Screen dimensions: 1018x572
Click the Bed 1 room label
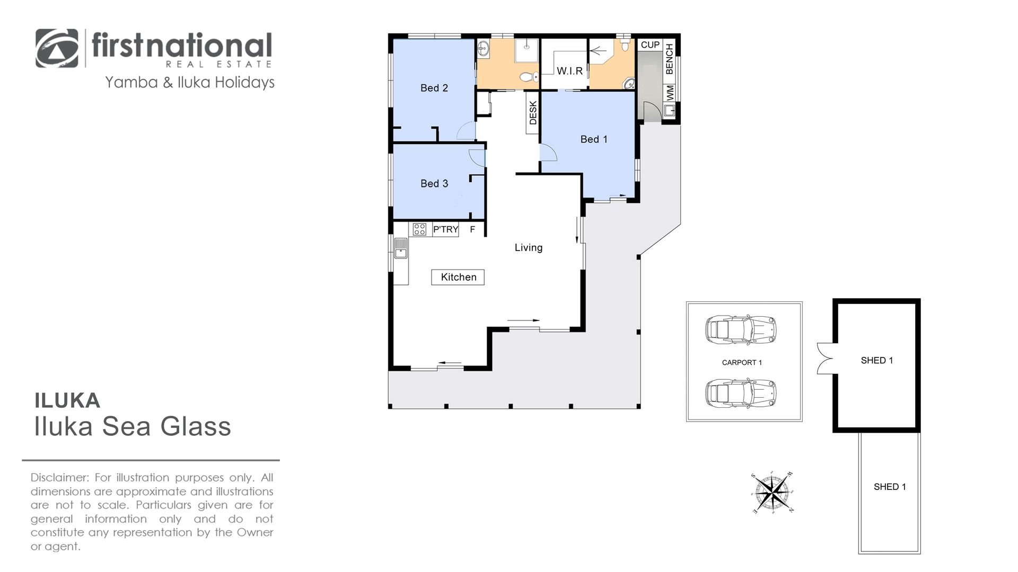click(594, 139)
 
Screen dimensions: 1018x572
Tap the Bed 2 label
click(434, 88)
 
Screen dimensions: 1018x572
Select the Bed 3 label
click(434, 183)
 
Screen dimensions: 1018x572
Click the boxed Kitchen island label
click(458, 277)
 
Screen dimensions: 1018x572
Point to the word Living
click(529, 247)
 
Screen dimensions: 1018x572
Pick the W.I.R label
click(569, 71)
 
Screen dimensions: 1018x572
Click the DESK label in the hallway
click(533, 113)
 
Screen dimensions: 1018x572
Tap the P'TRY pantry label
click(445, 229)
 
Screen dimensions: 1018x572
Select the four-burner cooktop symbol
click(419, 229)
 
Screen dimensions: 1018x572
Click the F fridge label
click(472, 229)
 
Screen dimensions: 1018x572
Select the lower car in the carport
click(741, 392)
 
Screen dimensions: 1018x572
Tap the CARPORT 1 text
click(742, 363)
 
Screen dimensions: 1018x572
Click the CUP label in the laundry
click(650, 45)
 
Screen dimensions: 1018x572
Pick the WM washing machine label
click(670, 93)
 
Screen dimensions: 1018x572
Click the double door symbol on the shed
click(824, 358)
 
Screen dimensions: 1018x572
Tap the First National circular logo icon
click(57, 48)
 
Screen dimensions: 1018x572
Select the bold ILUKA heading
click(67, 400)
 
